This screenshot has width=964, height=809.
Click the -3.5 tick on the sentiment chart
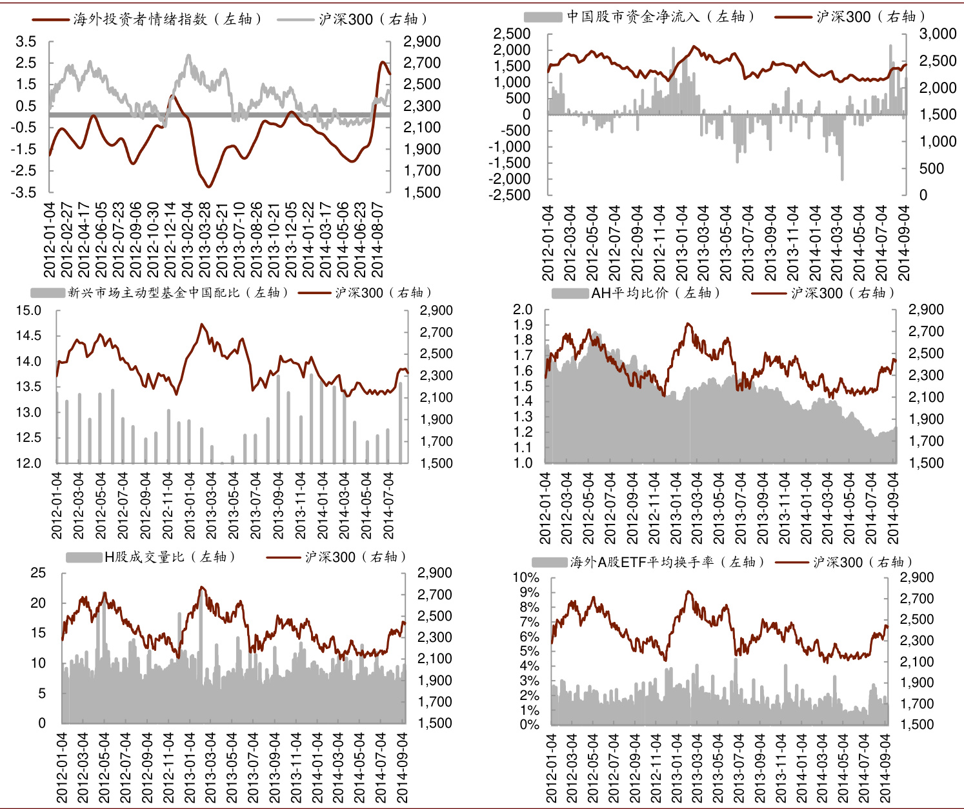coord(24,192)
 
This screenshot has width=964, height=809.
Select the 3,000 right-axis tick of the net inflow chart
coord(938,34)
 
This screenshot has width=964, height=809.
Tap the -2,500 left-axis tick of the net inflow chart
coord(509,194)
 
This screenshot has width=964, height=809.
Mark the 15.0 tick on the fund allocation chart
coord(28,310)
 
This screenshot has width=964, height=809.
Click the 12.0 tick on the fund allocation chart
coord(28,463)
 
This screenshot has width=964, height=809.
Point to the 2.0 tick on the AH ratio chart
coord(523,310)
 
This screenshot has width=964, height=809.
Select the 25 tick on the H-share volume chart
coord(39,573)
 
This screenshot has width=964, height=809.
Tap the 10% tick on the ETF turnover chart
coord(526,577)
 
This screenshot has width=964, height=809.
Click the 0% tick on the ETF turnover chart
coord(529,724)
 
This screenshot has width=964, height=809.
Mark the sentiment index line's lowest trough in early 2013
coord(208,186)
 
